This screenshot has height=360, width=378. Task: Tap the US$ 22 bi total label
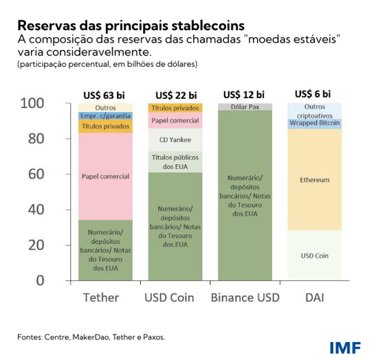click(175, 95)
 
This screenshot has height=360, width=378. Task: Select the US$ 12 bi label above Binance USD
click(245, 95)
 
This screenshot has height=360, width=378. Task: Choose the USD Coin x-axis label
click(175, 297)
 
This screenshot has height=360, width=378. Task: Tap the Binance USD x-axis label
click(245, 297)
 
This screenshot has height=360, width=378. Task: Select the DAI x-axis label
click(315, 297)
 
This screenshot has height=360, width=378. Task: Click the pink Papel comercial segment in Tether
click(105, 177)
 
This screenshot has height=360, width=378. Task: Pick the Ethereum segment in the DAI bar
click(315, 180)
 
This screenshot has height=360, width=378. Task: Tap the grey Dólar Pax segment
click(245, 106)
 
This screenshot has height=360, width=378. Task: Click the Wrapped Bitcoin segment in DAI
click(315, 124)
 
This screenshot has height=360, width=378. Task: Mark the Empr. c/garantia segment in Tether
click(105, 116)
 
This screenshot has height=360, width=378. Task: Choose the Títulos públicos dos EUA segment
click(175, 162)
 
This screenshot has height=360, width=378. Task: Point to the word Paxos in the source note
click(151, 337)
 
